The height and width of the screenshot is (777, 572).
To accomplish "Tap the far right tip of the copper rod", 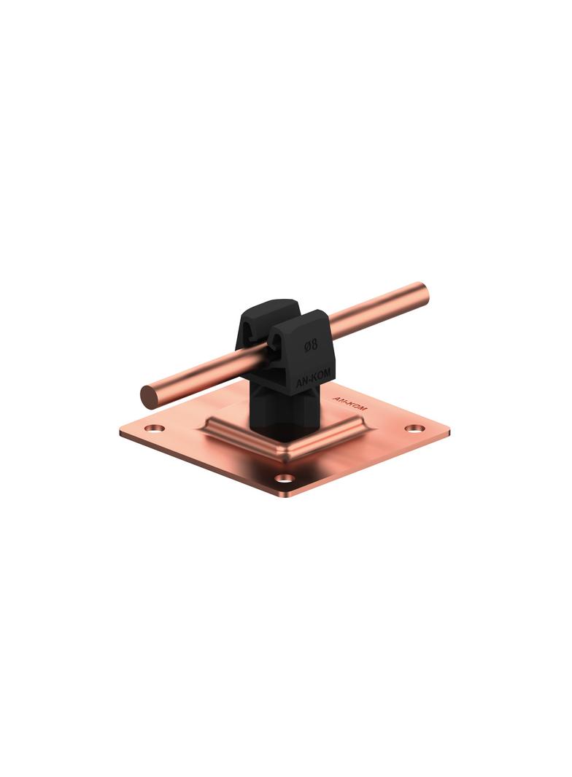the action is coord(429,293).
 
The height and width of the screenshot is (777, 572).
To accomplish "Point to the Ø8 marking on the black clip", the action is coord(311,345).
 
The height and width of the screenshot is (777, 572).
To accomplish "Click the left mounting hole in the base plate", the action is coord(156,428).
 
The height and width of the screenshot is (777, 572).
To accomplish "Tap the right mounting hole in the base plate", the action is coord(414,428).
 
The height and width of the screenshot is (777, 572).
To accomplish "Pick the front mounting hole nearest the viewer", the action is coord(285,479).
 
